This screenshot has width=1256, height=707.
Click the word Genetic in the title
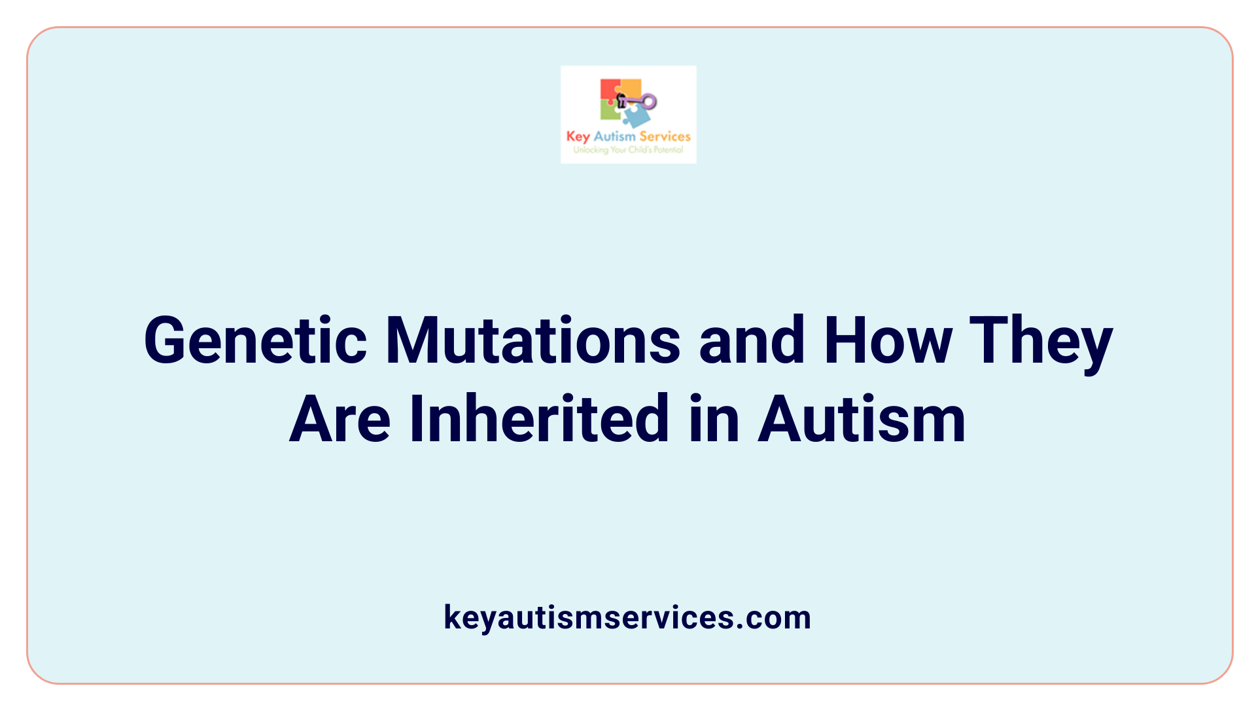point(255,340)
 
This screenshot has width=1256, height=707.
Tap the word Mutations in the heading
point(533,340)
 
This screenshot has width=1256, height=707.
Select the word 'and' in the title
point(752,340)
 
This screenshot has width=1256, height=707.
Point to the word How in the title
point(888,340)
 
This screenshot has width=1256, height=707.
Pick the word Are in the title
point(340,419)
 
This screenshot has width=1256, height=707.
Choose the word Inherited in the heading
point(540,419)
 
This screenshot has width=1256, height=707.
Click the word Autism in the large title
point(862,419)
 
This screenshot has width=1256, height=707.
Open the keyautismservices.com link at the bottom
point(627,617)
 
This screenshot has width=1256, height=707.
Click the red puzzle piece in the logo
point(609,90)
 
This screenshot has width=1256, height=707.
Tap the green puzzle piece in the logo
point(610,111)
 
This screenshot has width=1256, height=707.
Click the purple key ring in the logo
point(648,101)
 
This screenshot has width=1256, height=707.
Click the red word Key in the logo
point(578,136)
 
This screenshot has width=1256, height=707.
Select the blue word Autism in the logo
point(614,136)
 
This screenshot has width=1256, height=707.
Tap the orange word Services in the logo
point(665,136)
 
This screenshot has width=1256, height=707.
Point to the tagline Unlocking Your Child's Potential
point(628,150)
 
